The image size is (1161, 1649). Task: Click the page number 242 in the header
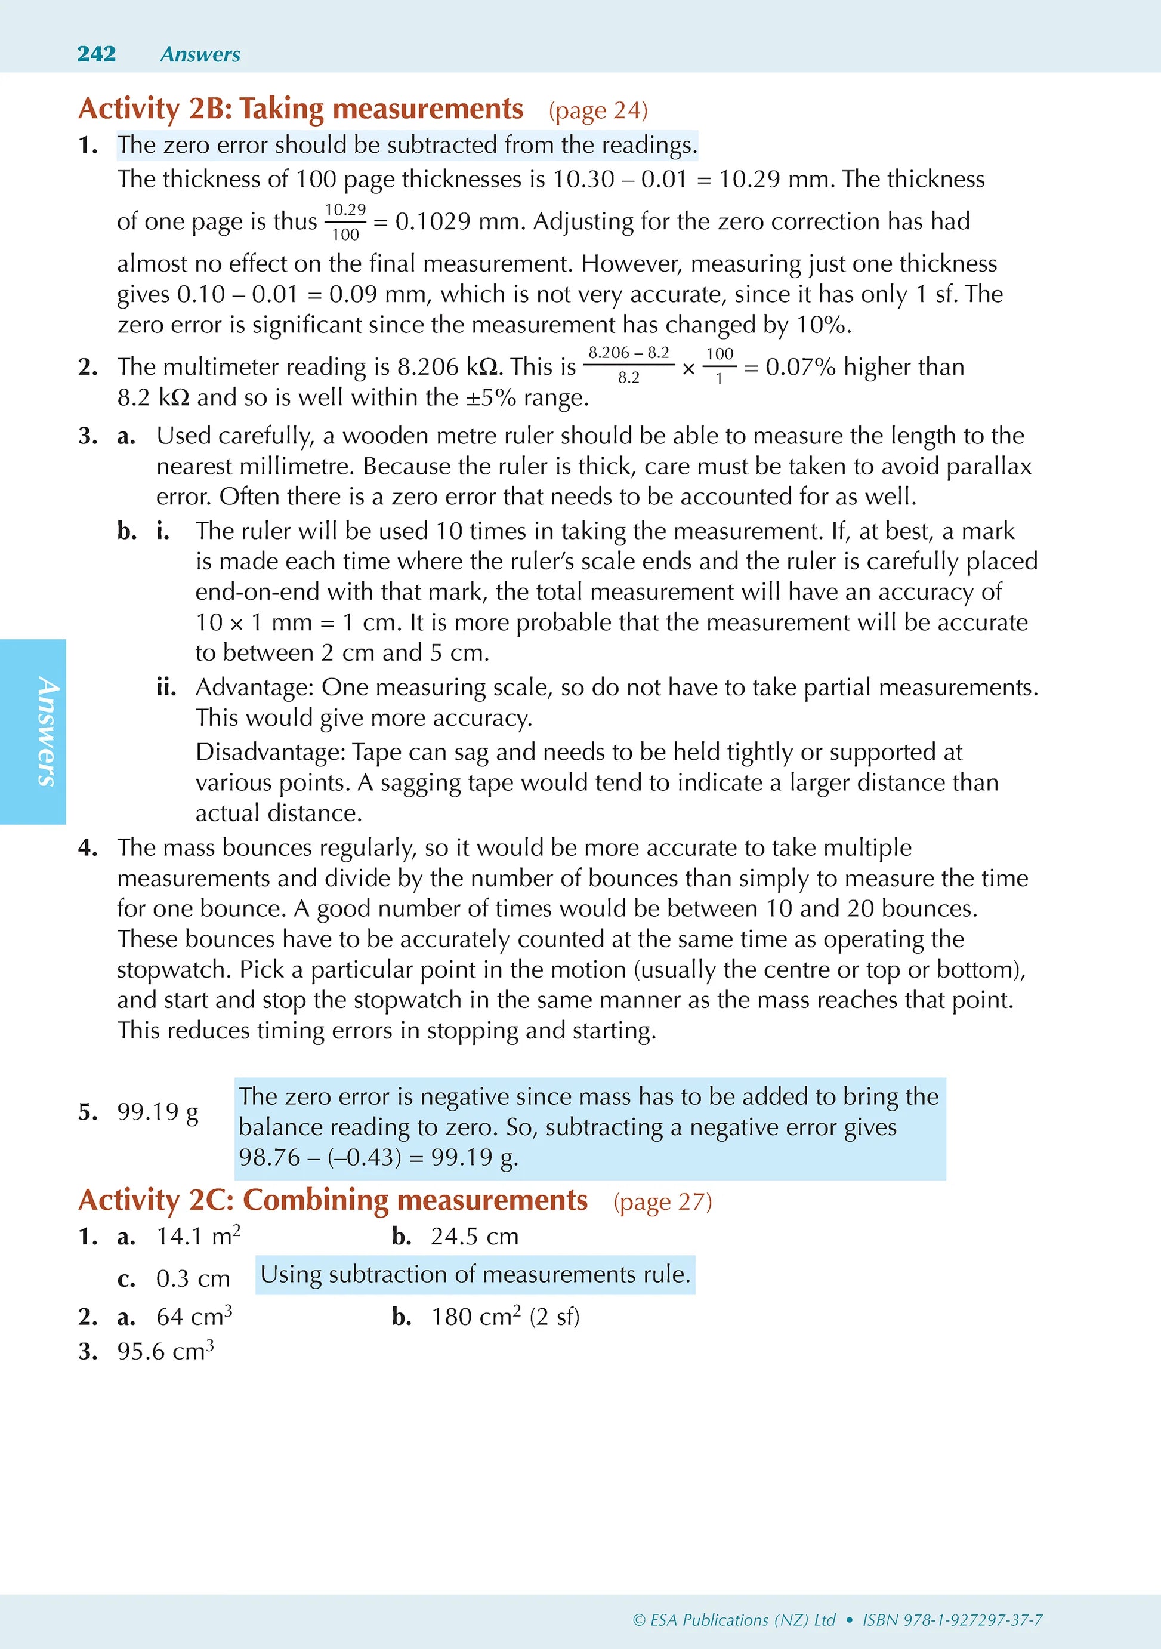click(96, 54)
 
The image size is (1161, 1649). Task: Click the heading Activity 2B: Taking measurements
click(300, 109)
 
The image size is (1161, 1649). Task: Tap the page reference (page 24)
click(598, 110)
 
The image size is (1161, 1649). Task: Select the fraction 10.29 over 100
click(345, 222)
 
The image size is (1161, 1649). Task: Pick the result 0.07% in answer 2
click(800, 367)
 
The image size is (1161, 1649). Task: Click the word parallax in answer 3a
click(989, 466)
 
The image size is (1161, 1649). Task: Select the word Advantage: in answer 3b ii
click(255, 688)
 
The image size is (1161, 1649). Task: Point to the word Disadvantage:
click(271, 752)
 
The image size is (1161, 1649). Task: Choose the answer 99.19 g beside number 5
click(158, 1112)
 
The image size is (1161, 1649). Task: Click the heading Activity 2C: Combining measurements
click(332, 1201)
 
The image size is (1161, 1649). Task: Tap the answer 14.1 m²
click(198, 1236)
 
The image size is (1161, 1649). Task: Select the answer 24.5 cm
click(474, 1236)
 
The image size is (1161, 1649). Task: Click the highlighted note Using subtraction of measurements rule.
click(474, 1274)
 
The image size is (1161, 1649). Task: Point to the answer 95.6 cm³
click(165, 1351)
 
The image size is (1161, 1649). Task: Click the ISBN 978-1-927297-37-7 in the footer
click(952, 1620)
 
